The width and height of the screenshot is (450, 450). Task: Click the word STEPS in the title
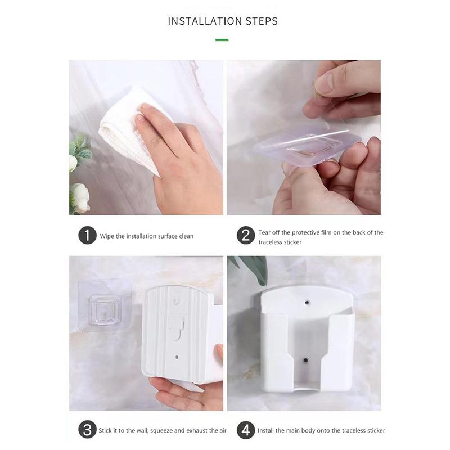[259, 21]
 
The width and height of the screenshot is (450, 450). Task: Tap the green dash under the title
[222, 40]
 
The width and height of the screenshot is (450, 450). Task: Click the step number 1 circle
[87, 235]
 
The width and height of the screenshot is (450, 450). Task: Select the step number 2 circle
[245, 235]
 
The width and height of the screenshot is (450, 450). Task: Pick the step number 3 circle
[87, 430]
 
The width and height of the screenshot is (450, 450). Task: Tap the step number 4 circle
[245, 430]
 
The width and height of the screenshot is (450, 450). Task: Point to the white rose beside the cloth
[79, 197]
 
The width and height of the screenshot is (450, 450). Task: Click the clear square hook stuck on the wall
[106, 307]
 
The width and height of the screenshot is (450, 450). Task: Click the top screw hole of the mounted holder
[307, 302]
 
